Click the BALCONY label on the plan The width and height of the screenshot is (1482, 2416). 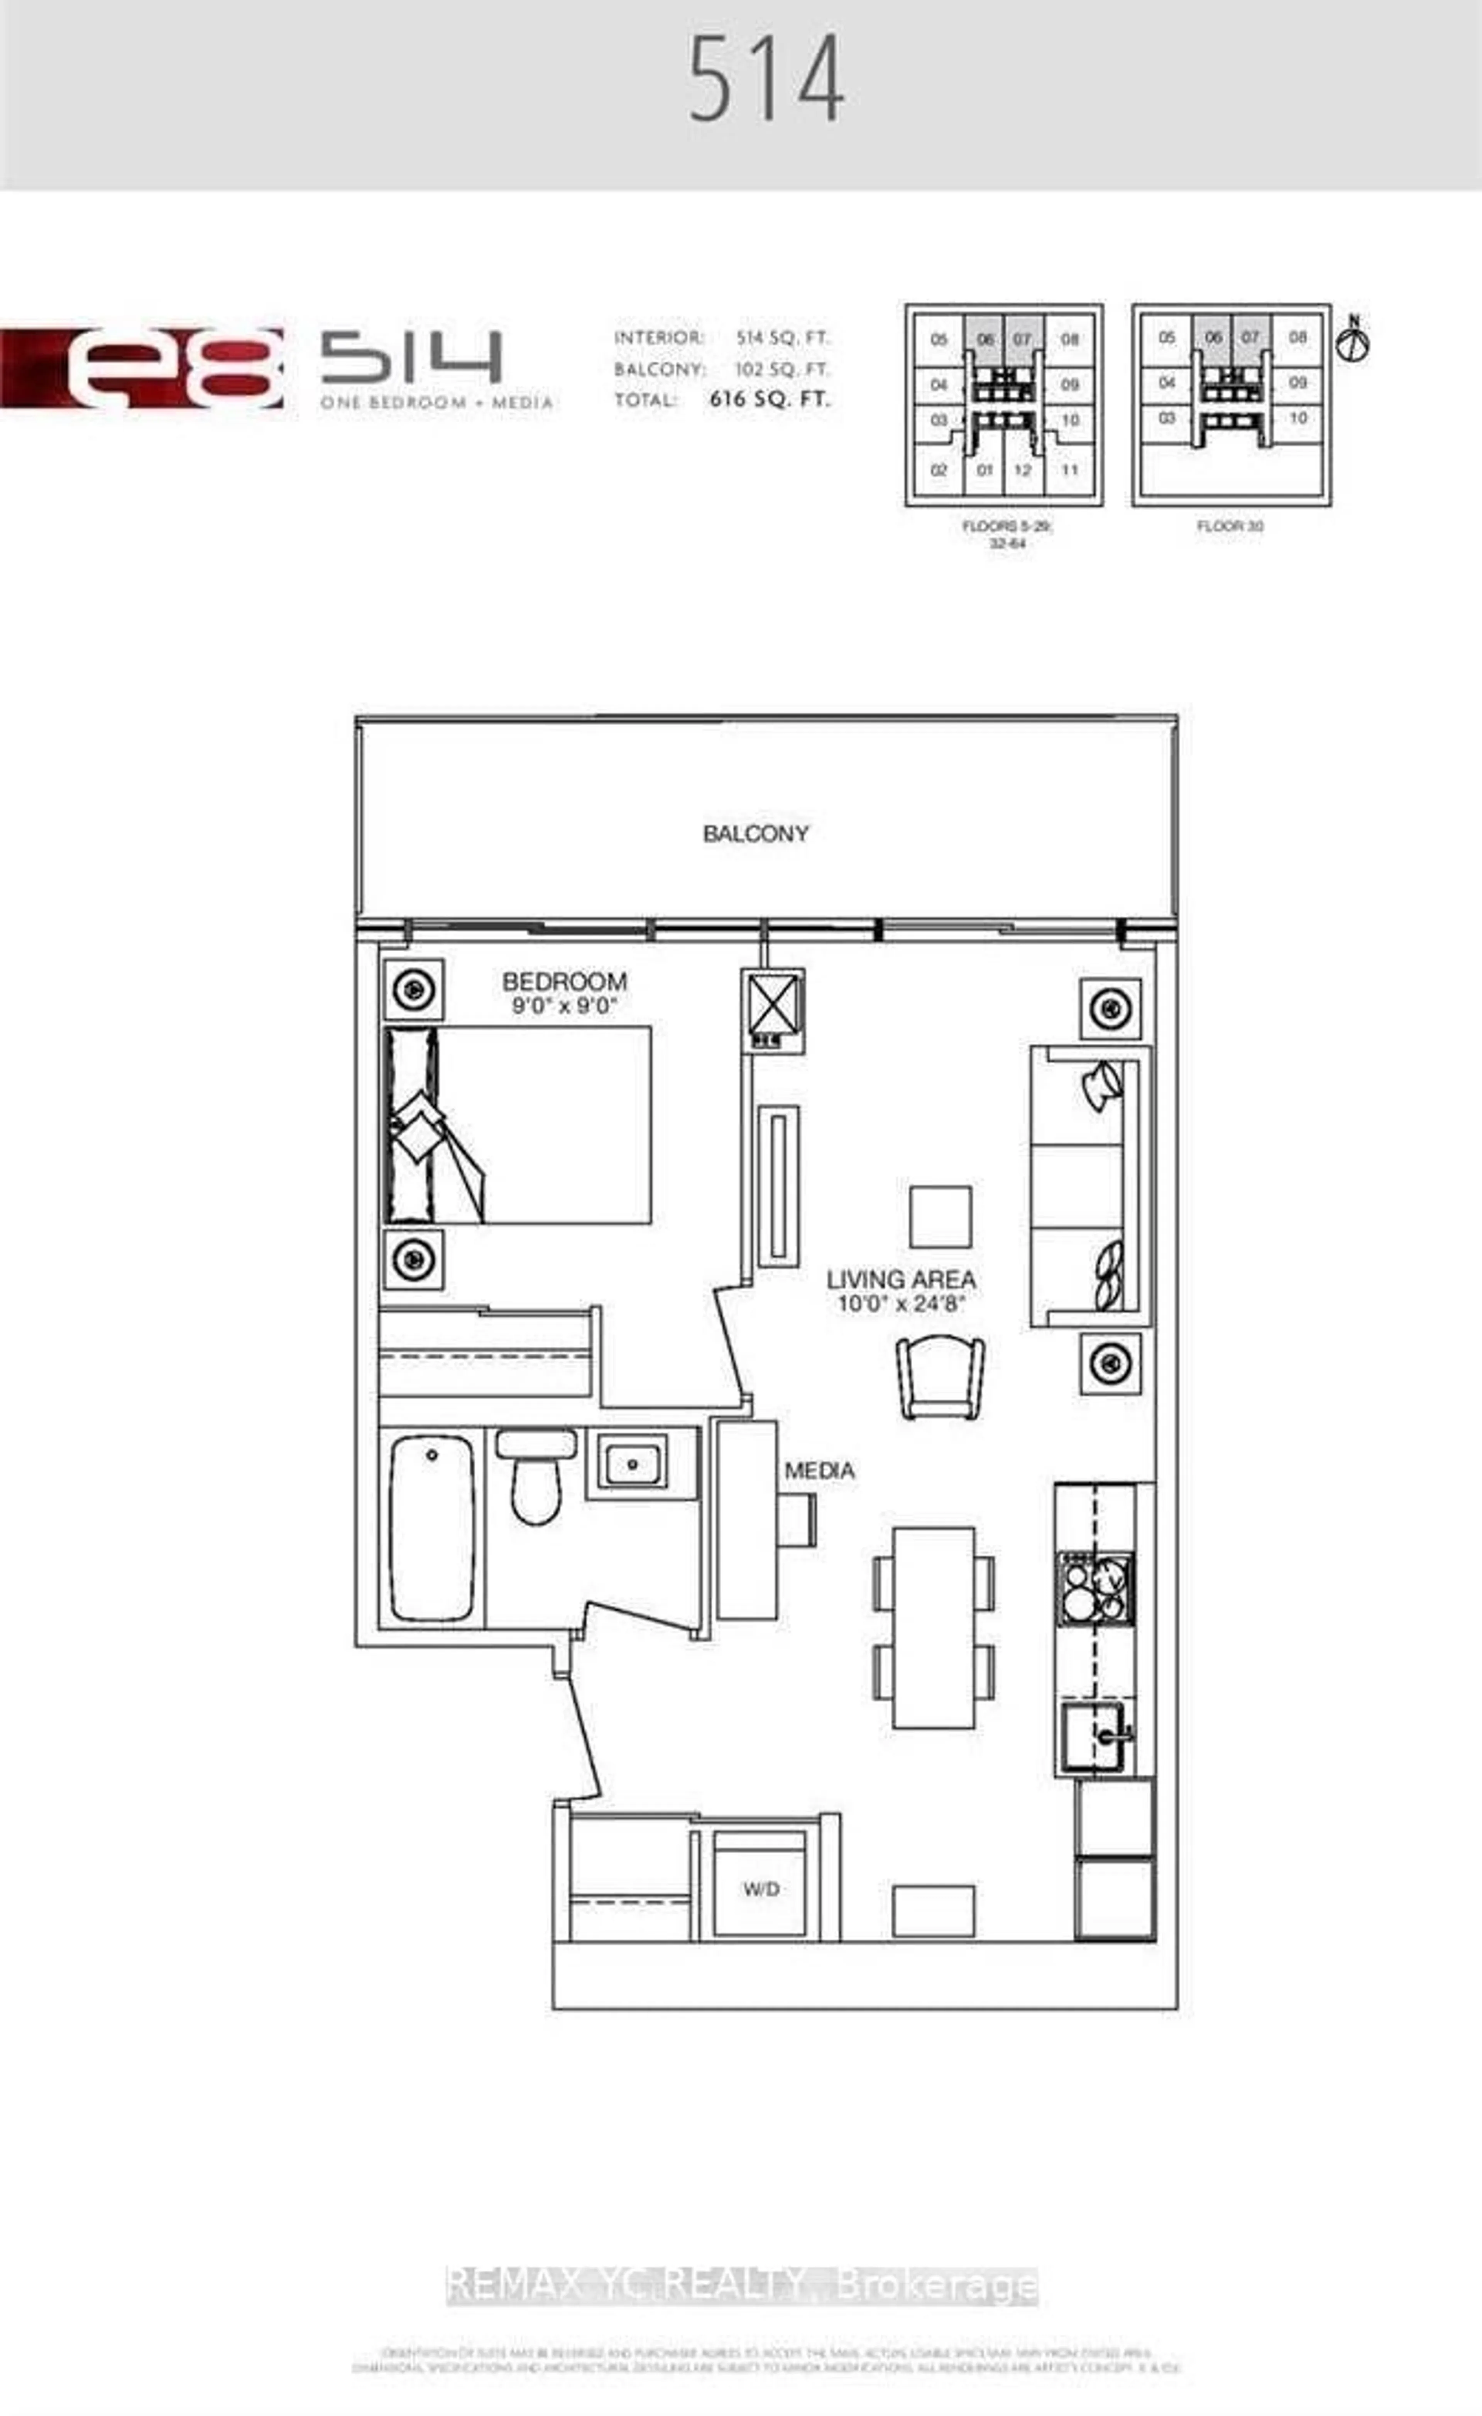tap(755, 834)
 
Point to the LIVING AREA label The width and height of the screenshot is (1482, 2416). tap(900, 1280)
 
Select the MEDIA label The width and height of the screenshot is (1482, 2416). tap(819, 1471)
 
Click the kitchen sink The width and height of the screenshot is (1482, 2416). tap(1094, 1737)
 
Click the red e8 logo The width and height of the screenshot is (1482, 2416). tap(142, 368)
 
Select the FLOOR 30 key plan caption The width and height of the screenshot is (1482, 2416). tap(1230, 527)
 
